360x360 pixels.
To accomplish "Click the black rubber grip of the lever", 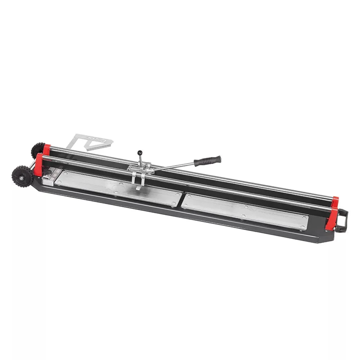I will pyautogui.click(x=208, y=161).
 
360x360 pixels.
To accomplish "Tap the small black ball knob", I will pyautogui.click(x=140, y=153).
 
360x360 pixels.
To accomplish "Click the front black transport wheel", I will pyautogui.click(x=22, y=176).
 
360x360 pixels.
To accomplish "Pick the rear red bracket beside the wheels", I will pyautogui.click(x=46, y=149).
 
